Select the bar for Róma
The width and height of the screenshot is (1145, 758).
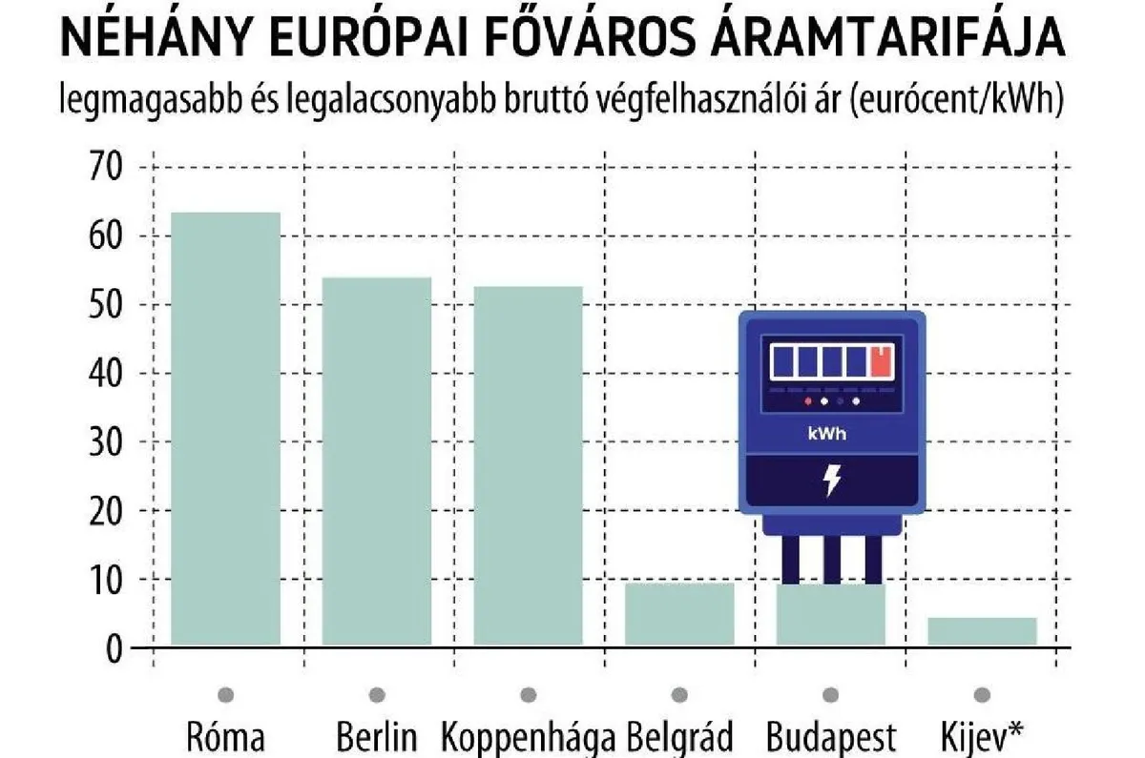click(225, 428)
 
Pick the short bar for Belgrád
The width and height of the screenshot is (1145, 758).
click(679, 613)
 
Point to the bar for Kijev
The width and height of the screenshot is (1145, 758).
click(982, 631)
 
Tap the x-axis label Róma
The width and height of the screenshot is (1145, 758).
click(225, 737)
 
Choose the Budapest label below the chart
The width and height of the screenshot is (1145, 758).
click(831, 737)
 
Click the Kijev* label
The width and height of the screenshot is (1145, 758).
click(982, 737)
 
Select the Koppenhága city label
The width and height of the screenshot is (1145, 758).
click(528, 737)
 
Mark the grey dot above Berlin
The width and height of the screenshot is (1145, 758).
click(377, 694)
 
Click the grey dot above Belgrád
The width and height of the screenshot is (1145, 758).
click(679, 694)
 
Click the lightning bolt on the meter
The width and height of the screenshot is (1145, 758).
click(832, 481)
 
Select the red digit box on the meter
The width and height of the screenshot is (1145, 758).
click(882, 361)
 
